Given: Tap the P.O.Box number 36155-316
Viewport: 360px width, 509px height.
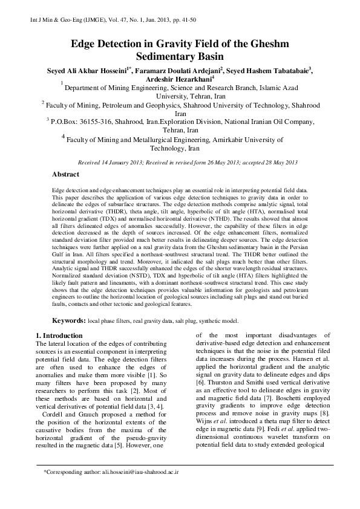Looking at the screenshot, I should pos(99,121).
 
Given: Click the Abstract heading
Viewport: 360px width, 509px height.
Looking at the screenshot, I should pos(65,174).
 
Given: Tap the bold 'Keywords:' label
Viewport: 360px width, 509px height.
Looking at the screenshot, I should pos(71,320).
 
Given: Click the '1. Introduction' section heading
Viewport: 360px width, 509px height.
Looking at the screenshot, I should pos(60,335).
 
